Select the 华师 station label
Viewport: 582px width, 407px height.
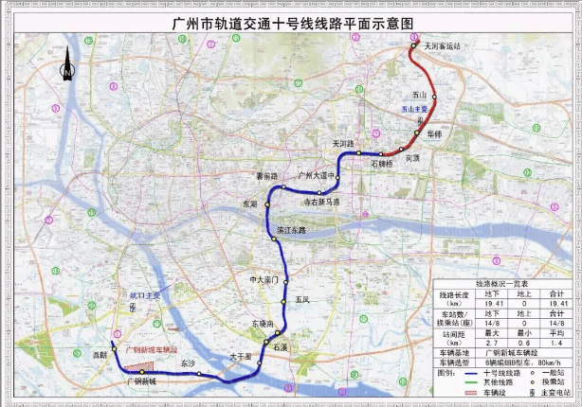click(434, 135)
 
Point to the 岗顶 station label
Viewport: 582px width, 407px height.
click(411, 159)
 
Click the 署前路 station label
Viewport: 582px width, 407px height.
click(266, 176)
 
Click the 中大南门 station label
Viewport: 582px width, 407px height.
click(262, 279)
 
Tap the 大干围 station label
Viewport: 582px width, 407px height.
click(239, 357)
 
